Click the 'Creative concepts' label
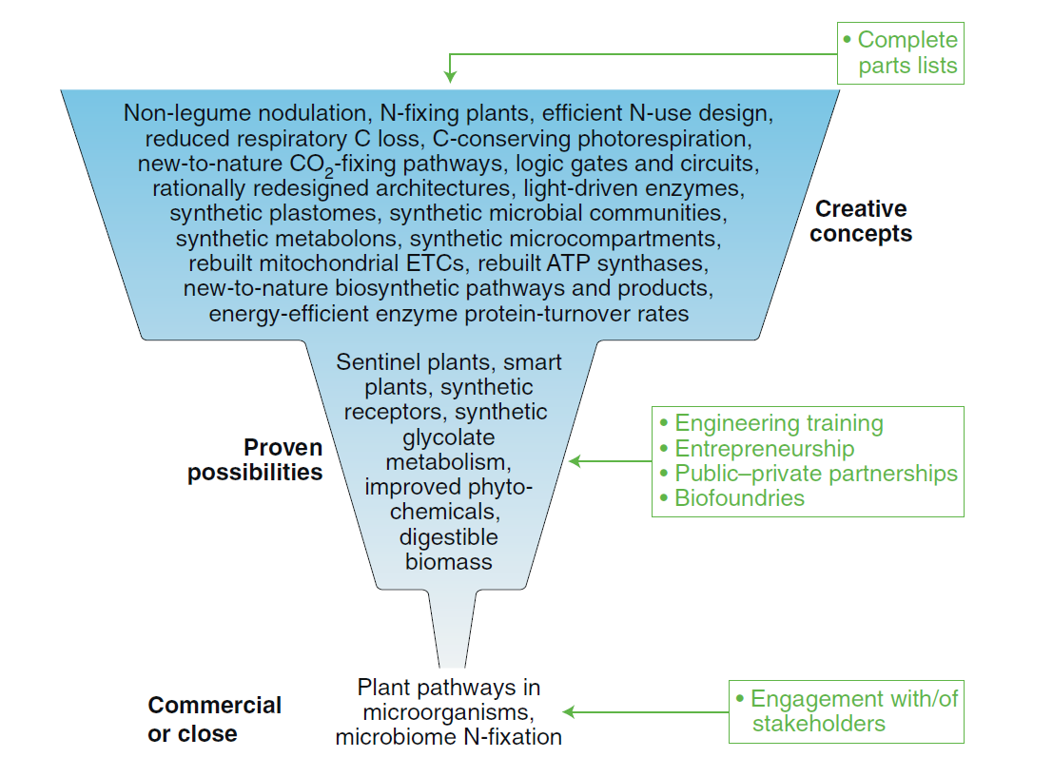861,221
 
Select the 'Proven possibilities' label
255,459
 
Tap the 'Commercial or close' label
215,719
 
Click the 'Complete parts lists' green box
900,53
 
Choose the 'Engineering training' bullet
778,423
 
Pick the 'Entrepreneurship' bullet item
764,448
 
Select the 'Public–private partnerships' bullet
815,473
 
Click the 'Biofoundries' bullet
739,497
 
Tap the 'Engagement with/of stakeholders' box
846,711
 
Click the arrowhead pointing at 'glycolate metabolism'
575,461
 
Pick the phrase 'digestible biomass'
449,549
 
